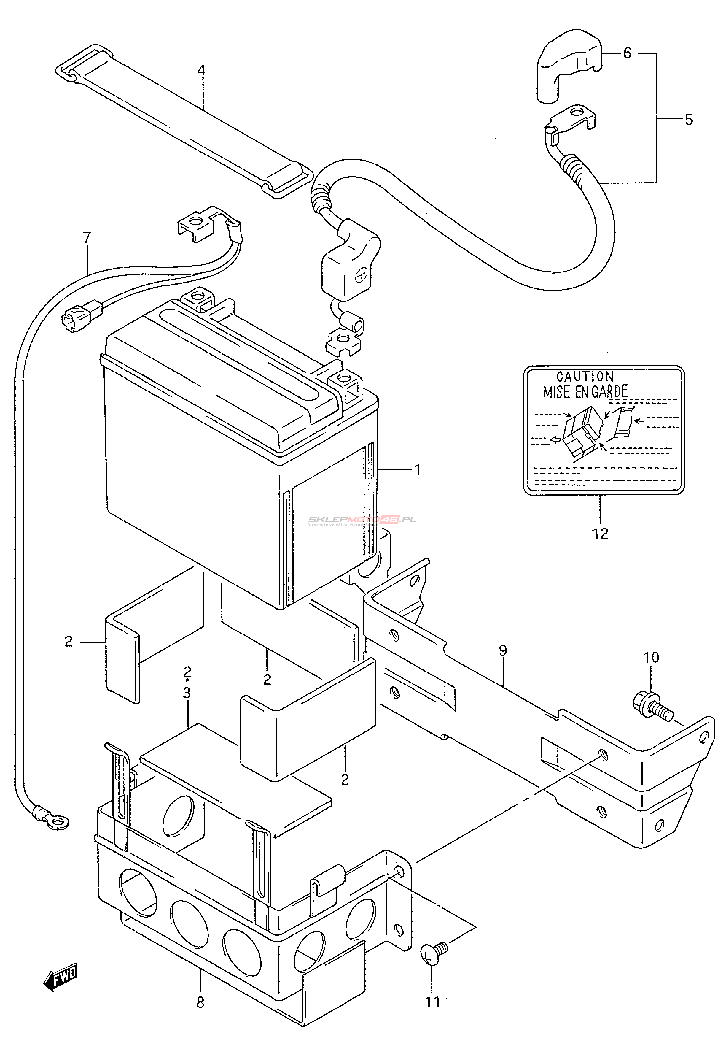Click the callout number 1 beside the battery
[417, 470]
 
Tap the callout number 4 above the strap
[201, 70]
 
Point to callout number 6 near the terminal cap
[627, 53]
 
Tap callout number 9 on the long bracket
[503, 650]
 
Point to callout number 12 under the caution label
[601, 534]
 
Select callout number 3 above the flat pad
[187, 693]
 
